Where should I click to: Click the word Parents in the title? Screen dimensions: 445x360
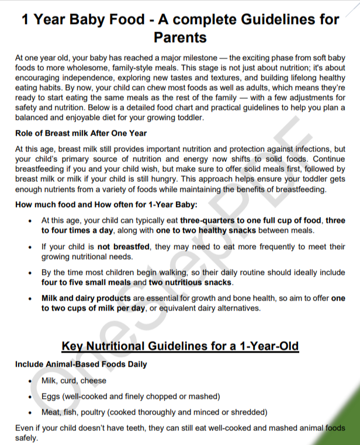[180, 37]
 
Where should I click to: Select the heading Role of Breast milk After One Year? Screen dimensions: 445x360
[81, 133]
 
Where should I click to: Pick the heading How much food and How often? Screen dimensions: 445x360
[106, 204]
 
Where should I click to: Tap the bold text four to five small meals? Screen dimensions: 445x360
[86, 282]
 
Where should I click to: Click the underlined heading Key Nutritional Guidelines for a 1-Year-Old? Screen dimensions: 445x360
[180, 346]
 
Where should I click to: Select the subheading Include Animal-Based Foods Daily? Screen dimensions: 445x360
[81, 364]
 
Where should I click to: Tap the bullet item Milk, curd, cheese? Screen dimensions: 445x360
[74, 381]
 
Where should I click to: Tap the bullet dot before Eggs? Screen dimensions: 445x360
[30, 396]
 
